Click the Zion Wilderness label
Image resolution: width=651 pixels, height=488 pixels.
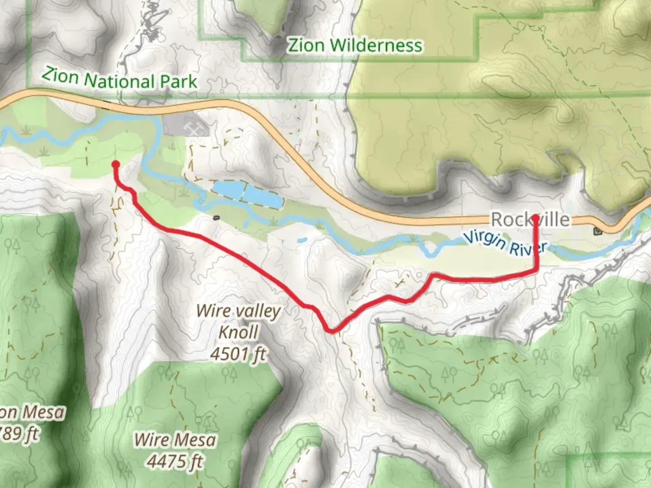tap(355, 46)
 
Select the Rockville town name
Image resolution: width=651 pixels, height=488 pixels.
tap(530, 220)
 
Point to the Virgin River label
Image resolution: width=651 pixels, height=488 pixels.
tap(505, 243)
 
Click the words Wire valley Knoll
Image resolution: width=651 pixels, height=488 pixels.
tap(238, 321)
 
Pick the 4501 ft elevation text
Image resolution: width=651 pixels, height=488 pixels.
tap(238, 354)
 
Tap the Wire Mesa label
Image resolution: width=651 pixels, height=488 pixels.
tap(175, 439)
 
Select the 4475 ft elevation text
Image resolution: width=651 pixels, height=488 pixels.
tap(175, 461)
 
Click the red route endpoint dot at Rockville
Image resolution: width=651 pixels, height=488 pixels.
tap(536, 218)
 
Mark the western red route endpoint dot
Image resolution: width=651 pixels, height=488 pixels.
tap(115, 164)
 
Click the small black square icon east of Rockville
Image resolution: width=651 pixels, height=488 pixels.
tap(598, 231)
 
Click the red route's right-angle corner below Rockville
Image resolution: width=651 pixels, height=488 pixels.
tap(536, 270)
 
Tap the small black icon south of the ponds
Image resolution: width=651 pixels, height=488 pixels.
tap(216, 218)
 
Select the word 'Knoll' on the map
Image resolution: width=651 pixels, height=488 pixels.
tap(238, 332)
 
